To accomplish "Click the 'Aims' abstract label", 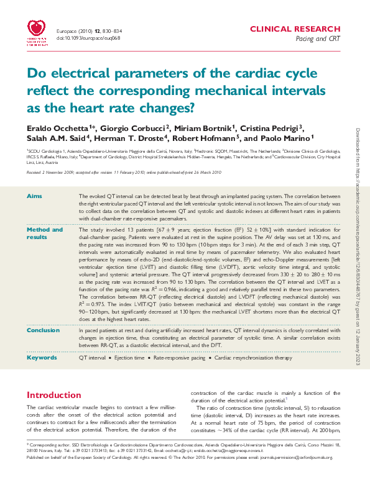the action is pos(34,196).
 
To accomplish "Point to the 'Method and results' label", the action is pos(44,233).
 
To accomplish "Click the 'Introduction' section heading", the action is pos(53,395).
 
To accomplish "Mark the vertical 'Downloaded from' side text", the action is pos(358,248).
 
